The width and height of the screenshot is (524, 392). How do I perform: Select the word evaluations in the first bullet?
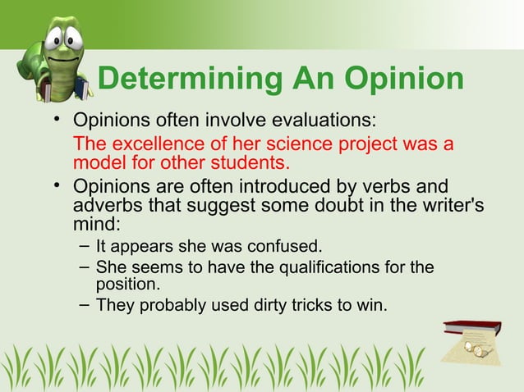314,120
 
